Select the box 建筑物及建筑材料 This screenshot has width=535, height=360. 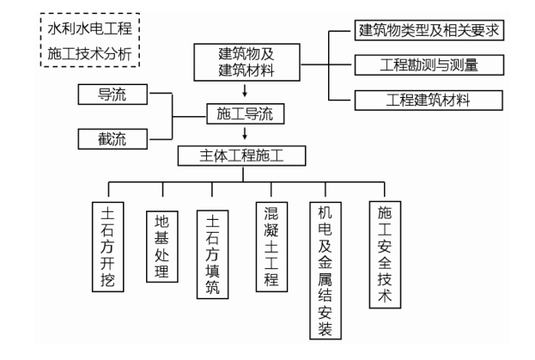pyautogui.click(x=247, y=61)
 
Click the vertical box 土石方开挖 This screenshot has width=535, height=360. pyautogui.click(x=109, y=244)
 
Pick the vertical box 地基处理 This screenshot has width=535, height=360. pyautogui.click(x=161, y=244)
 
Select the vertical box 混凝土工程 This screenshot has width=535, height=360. pyautogui.click(x=271, y=245)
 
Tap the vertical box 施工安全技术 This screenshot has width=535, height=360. pyautogui.click(x=384, y=253)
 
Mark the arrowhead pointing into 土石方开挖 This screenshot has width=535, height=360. pyautogui.click(x=109, y=195)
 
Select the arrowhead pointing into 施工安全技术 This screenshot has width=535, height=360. pyautogui.click(x=384, y=195)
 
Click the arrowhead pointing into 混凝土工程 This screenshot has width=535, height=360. pyautogui.click(x=271, y=195)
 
